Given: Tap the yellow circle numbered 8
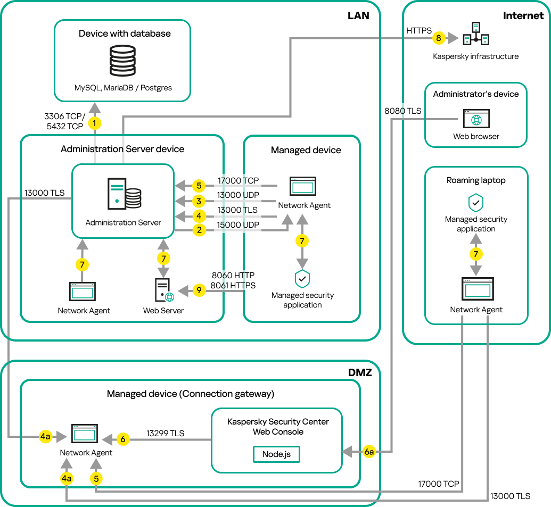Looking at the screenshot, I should pos(438,38).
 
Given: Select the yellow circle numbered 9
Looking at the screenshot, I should pos(199,290).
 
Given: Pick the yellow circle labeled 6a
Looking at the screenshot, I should pos(369,452).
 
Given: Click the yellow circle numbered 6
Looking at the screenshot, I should pos(122,439).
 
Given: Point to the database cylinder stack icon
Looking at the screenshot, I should pos(122,62).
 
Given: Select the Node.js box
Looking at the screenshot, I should pos(277,454).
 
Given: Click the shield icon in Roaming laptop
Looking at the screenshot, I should pos(475,203).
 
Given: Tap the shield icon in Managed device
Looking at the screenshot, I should pos(302,279).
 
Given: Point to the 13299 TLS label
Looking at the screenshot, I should pos(165,434).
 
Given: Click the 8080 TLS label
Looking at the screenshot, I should pos(403,111).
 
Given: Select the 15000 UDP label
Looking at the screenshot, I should pos(238,225).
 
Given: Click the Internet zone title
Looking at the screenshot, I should pos(523,16).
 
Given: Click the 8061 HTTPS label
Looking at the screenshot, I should pos(233,285).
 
